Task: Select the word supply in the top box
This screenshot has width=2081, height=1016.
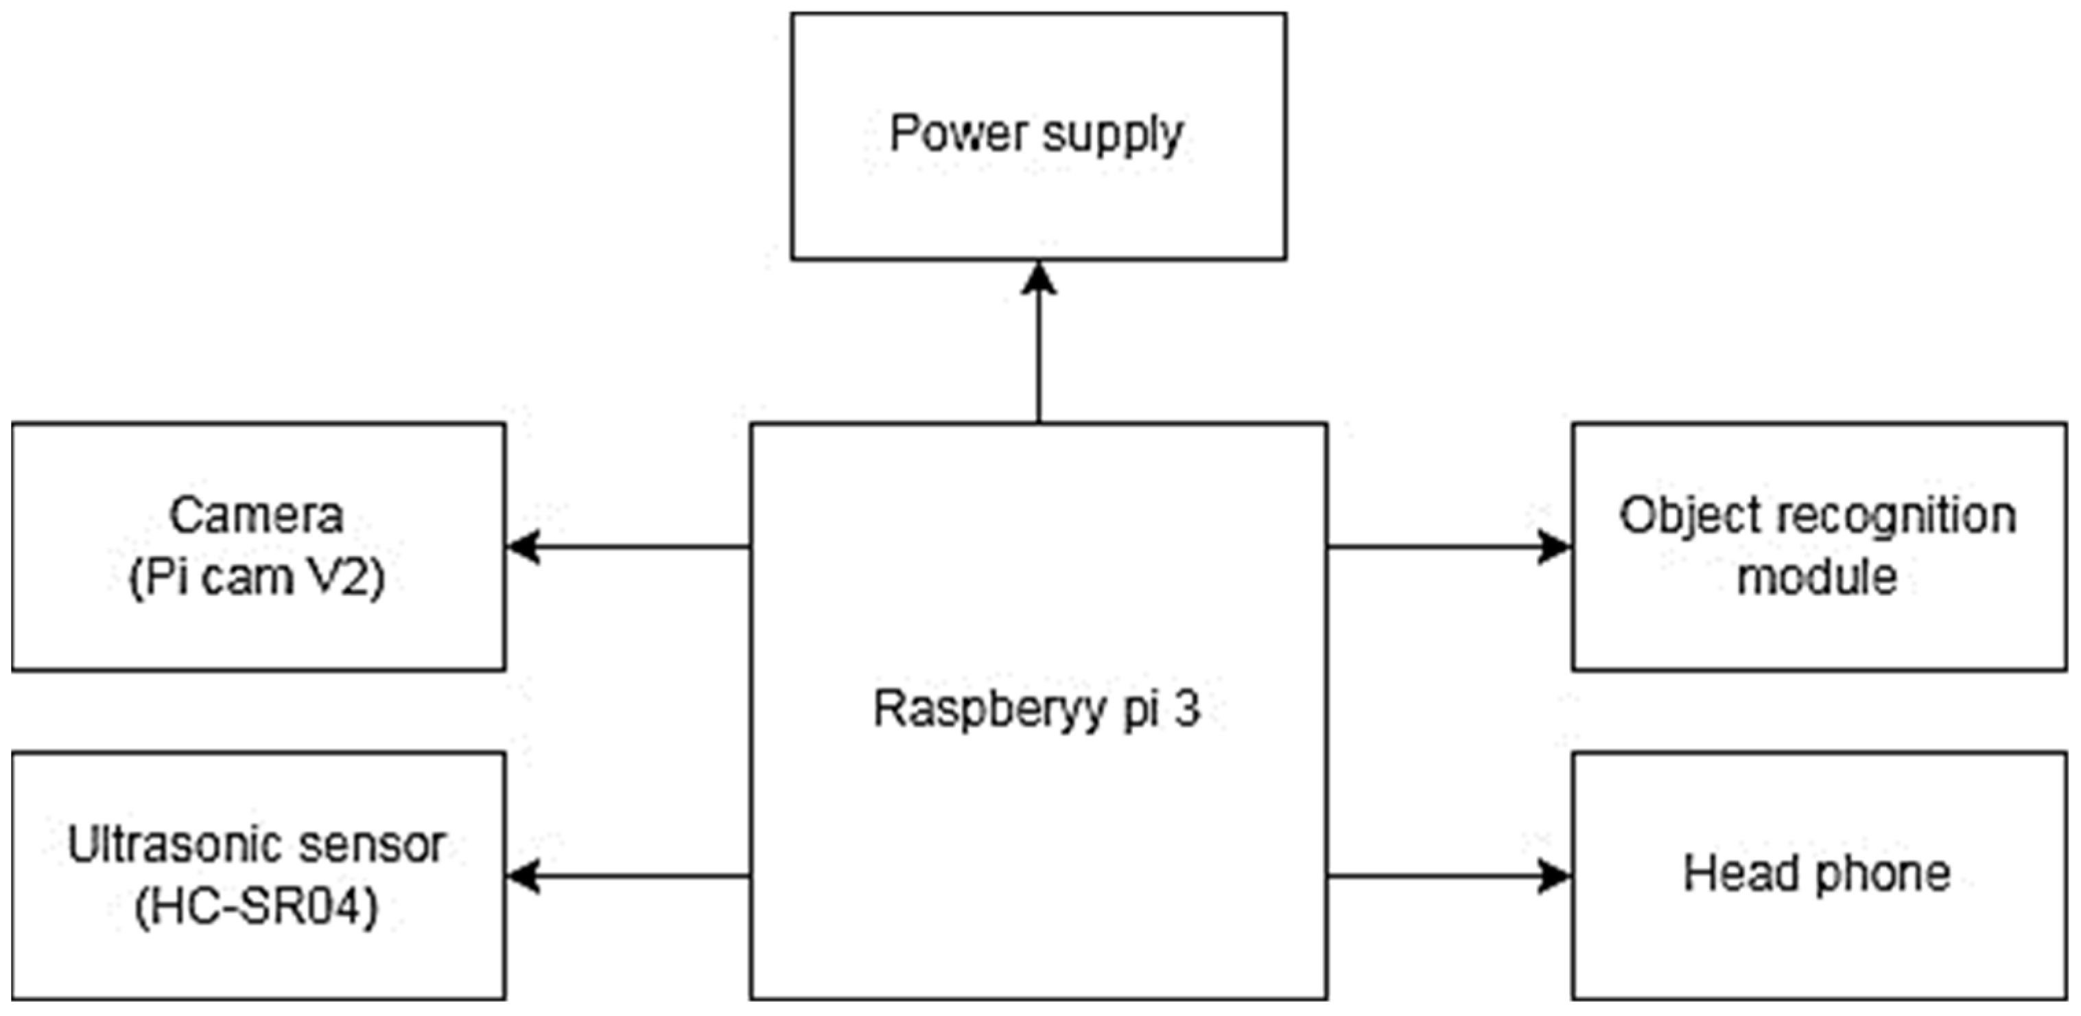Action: (x=1112, y=136)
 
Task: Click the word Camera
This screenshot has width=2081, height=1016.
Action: (x=257, y=516)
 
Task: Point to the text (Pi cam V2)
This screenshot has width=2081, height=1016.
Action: (x=257, y=578)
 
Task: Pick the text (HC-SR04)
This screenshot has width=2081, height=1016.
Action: (x=257, y=907)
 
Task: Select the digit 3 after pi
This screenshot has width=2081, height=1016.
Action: (x=1187, y=710)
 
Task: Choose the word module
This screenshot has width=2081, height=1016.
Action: (x=1818, y=577)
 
